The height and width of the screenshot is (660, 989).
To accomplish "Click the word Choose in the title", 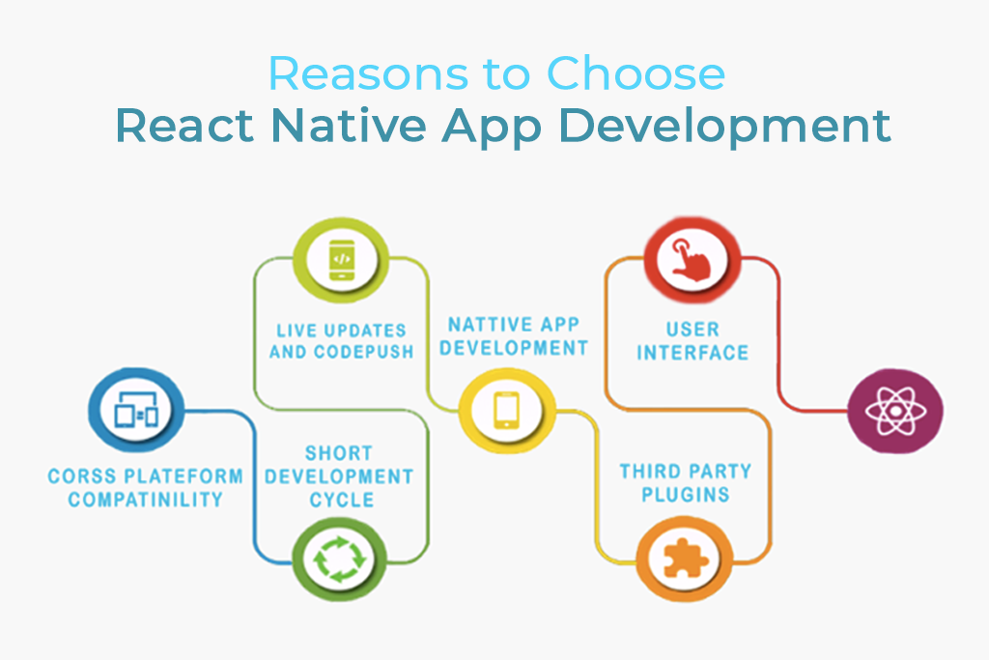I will (637, 74).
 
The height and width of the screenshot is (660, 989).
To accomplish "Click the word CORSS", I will (85, 476).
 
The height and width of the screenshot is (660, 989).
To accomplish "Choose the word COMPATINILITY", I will (145, 500).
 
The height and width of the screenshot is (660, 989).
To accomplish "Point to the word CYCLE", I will (341, 500).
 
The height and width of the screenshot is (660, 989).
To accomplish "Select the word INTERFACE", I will (692, 352).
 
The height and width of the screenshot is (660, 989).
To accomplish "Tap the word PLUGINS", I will (686, 496).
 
